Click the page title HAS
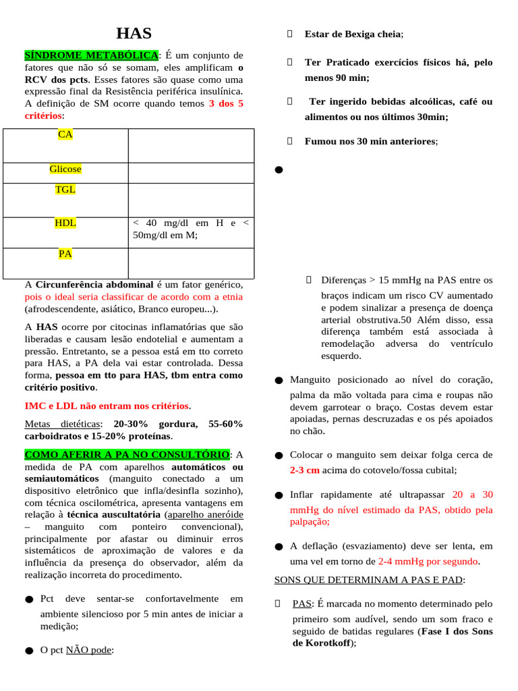pyautogui.click(x=134, y=34)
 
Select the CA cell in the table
pyautogui.click(x=65, y=135)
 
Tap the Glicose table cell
pyautogui.click(x=65, y=169)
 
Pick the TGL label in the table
pyautogui.click(x=65, y=190)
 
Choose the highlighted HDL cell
pyautogui.click(x=65, y=223)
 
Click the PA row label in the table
pyautogui.click(x=65, y=254)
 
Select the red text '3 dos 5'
pyautogui.click(x=227, y=104)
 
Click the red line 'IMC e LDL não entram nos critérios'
pyautogui.click(x=107, y=406)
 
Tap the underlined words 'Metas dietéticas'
pyautogui.click(x=62, y=424)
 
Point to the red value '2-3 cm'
pyautogui.click(x=305, y=470)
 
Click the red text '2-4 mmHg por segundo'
pyautogui.click(x=428, y=561)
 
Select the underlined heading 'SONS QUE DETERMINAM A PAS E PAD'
pyautogui.click(x=369, y=580)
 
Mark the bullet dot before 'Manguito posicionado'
pyautogui.click(x=279, y=381)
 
